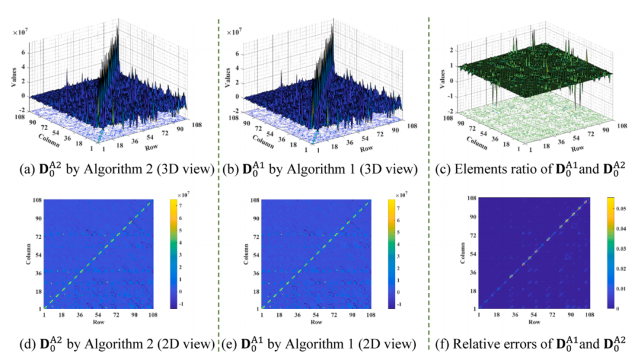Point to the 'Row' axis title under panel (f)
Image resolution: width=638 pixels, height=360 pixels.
click(533, 322)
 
